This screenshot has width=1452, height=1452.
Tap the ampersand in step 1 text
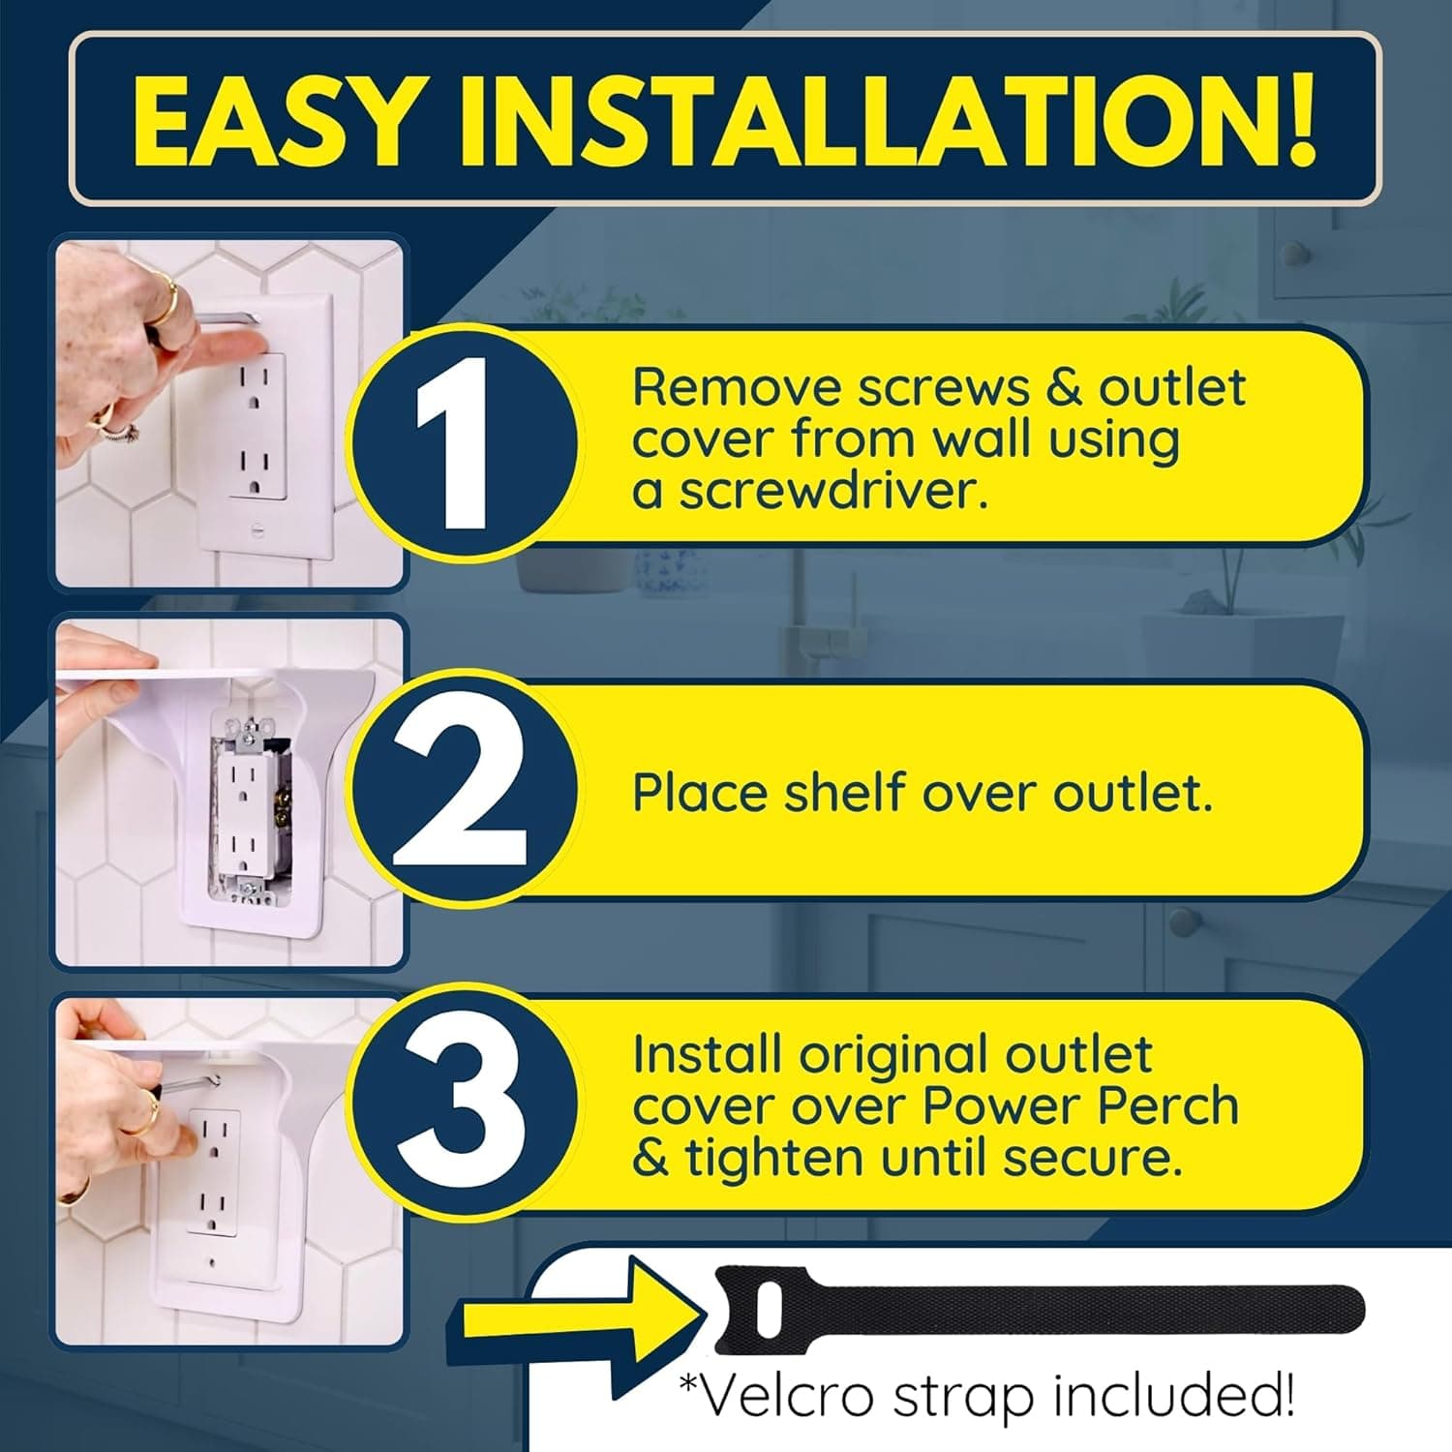tap(1064, 388)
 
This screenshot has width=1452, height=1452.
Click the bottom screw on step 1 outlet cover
tap(259, 530)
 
